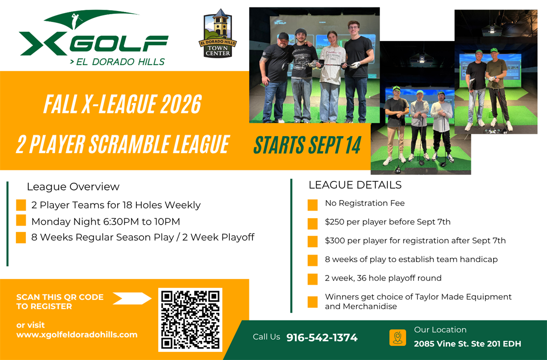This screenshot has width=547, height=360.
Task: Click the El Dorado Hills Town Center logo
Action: [217, 33]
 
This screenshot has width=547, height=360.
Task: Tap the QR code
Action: [190, 320]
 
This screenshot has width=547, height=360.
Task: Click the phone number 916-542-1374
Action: [322, 338]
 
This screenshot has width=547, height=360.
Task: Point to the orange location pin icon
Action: [397, 338]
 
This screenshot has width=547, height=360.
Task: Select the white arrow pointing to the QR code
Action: [132, 298]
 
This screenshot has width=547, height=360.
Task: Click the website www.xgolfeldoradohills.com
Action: [77, 334]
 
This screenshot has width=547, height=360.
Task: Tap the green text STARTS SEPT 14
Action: [307, 145]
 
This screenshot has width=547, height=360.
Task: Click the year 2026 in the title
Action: [181, 104]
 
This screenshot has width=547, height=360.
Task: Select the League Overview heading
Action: [73, 187]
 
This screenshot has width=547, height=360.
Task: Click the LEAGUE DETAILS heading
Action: [355, 185]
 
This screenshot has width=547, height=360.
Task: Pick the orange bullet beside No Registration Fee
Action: [313, 205]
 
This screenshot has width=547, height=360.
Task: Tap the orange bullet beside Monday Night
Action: [21, 220]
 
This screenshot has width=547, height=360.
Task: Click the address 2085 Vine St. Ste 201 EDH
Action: [467, 344]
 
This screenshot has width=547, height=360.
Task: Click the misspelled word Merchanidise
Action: [370, 306]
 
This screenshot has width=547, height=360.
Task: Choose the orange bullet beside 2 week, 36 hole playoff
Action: [313, 279]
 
